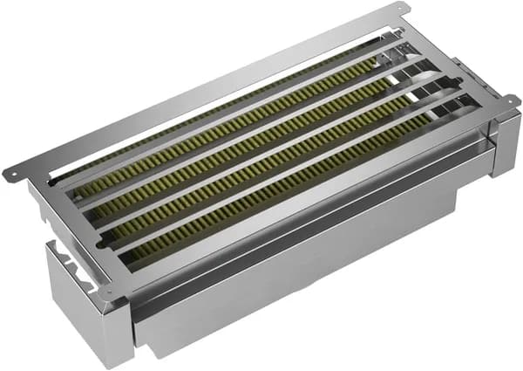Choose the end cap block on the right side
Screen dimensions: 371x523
504,144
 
